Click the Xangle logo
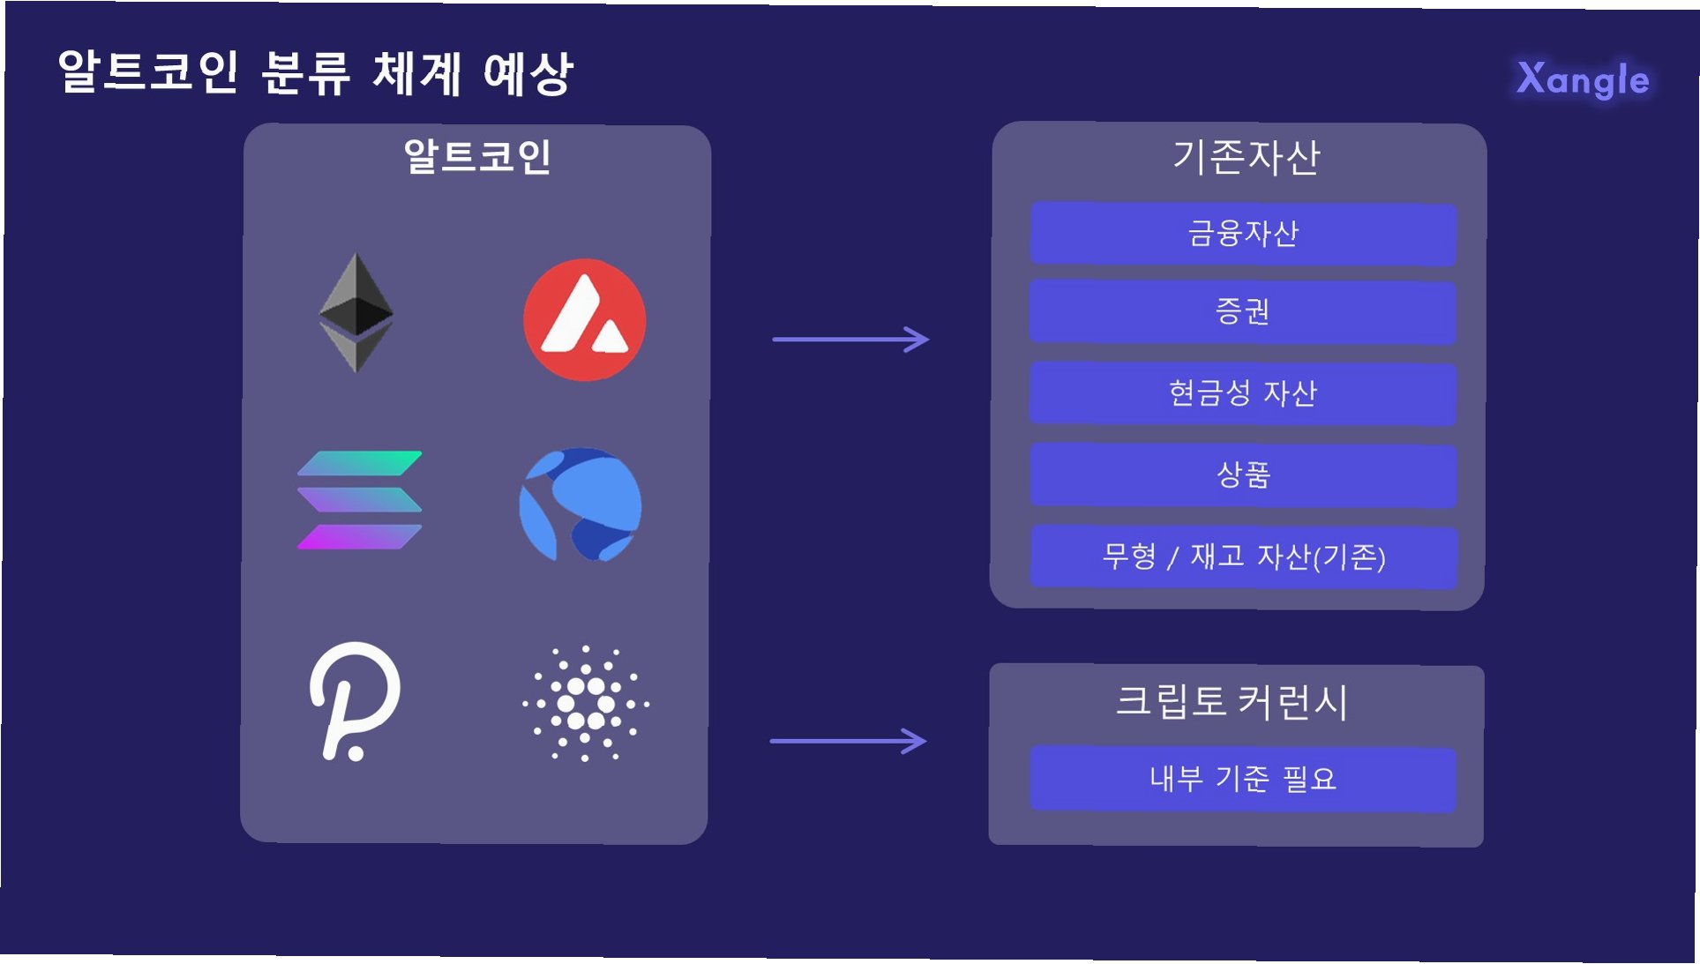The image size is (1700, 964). tap(1583, 79)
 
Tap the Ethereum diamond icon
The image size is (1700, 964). tap(356, 312)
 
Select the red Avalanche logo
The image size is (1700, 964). tap(584, 319)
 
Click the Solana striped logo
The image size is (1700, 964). tap(359, 500)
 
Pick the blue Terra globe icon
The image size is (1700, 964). tap(580, 504)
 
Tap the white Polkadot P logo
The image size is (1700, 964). tap(355, 701)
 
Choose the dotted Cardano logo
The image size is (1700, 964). tap(585, 703)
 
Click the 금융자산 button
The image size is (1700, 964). tap(1243, 234)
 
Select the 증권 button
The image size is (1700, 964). tap(1243, 312)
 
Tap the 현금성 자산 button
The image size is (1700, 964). tap(1243, 393)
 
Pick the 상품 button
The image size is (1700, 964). tap(1243, 475)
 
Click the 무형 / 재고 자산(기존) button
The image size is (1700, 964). tap(1243, 557)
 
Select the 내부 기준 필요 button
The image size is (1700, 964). tap(1243, 779)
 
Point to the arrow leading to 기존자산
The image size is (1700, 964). tap(850, 339)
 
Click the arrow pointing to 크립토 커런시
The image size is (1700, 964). tap(849, 741)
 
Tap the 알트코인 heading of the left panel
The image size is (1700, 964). tap(477, 157)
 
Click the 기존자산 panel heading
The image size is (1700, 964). tap(1246, 157)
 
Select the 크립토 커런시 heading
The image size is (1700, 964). tap(1232, 702)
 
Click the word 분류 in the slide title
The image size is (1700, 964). tap(306, 72)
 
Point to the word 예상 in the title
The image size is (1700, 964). tap(528, 72)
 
